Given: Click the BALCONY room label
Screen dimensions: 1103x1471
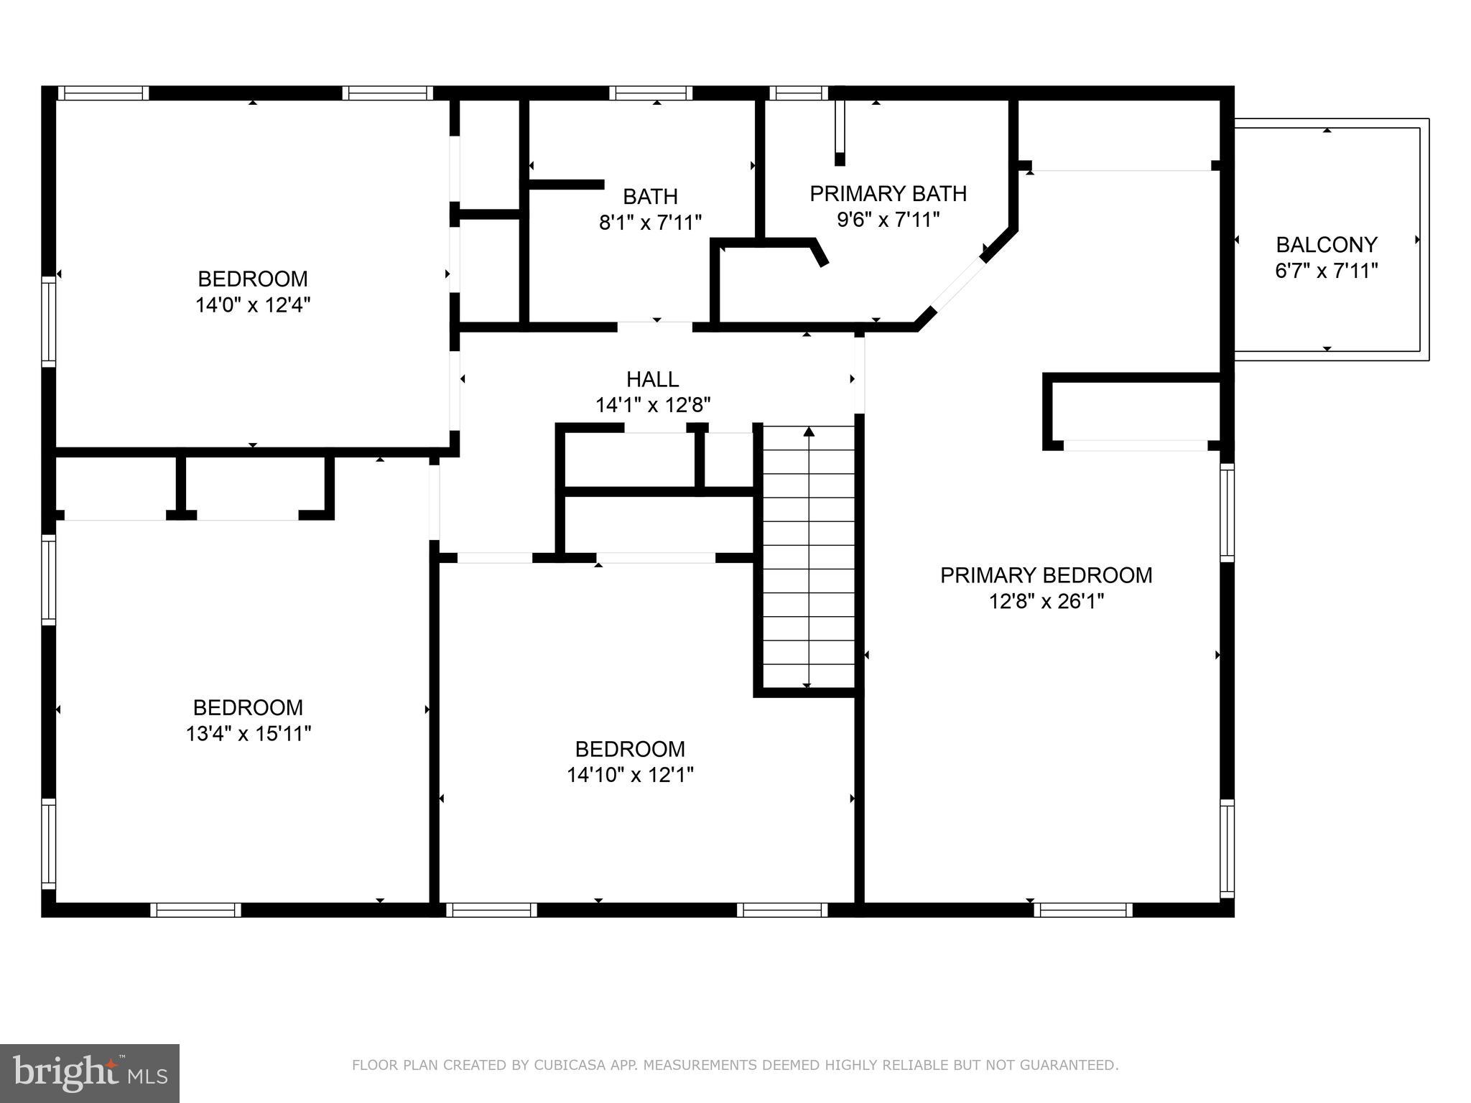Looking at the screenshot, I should click(x=1326, y=245).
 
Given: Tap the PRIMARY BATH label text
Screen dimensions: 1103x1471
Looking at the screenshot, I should click(x=888, y=193).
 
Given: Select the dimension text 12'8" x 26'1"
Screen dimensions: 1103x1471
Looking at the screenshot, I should click(x=1046, y=601).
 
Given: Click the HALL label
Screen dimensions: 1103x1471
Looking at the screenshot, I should click(x=652, y=379).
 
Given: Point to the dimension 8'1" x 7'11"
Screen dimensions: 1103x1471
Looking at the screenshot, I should click(x=650, y=223).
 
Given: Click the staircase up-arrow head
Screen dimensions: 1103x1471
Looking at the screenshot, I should click(x=809, y=432).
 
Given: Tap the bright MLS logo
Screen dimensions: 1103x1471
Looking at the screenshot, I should click(x=90, y=1073).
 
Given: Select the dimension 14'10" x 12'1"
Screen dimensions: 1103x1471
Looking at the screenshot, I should click(x=630, y=775).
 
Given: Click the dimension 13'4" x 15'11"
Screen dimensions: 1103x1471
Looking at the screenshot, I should click(x=248, y=734).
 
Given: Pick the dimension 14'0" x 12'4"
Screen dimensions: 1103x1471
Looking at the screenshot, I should click(x=252, y=305).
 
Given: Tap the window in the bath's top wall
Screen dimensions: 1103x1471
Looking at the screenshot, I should click(x=651, y=93).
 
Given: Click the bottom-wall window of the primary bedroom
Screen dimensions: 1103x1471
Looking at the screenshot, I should click(x=1083, y=910).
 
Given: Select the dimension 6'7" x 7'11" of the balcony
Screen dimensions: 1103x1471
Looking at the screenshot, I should click(x=1326, y=271).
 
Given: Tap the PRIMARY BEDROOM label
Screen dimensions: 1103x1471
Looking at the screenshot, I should click(x=1046, y=575).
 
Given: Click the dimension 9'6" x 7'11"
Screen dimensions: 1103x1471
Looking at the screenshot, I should click(x=888, y=220).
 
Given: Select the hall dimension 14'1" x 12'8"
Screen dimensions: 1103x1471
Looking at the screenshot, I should click(x=652, y=406).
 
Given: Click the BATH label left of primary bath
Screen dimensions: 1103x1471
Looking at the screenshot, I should click(x=650, y=196).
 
